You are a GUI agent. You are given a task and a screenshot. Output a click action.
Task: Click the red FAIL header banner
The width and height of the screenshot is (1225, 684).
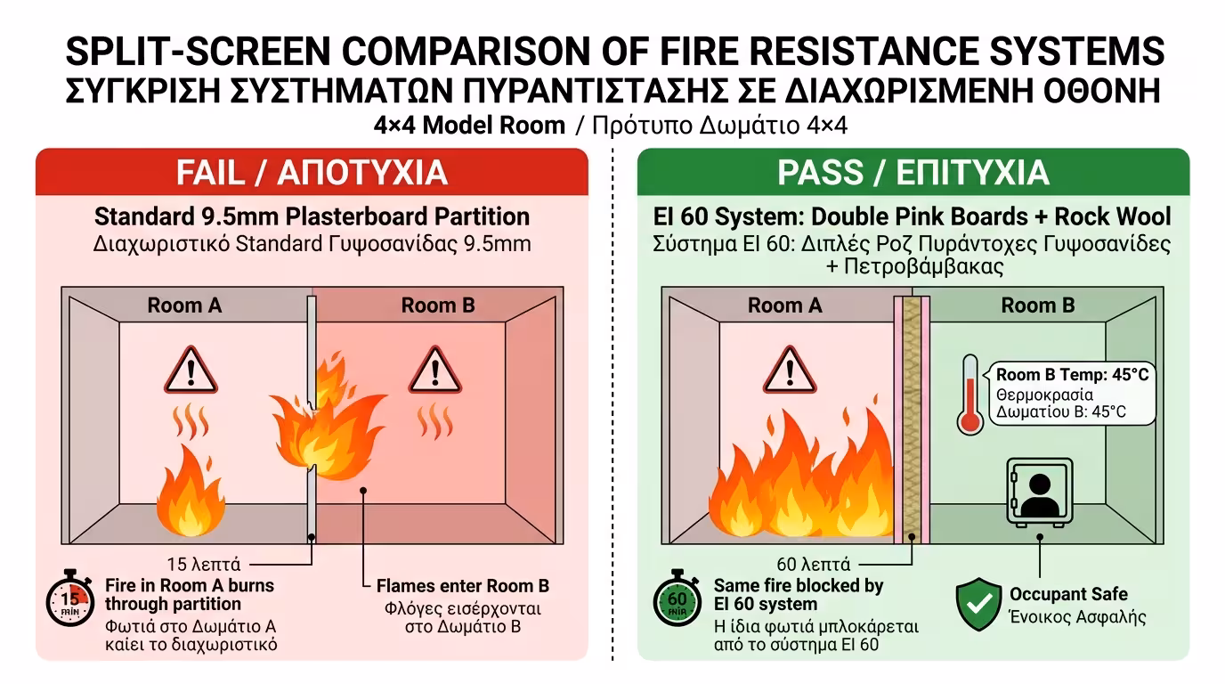click(x=312, y=172)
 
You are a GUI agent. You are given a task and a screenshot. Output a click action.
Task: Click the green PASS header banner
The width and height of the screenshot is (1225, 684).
click(x=913, y=172)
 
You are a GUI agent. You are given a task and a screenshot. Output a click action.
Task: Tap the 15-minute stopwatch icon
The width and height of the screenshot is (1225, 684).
click(x=70, y=598)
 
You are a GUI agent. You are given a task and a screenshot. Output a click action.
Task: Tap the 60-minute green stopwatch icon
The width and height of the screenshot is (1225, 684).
click(x=677, y=598)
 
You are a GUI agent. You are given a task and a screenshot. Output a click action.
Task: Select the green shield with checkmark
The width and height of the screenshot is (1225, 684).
click(x=978, y=604)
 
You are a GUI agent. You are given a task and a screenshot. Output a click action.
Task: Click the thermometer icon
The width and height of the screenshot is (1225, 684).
click(x=970, y=395)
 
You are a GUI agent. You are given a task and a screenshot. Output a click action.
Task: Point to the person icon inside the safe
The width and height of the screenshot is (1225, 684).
click(x=1040, y=493)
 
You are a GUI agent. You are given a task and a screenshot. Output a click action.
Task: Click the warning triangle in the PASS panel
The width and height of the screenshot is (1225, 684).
click(x=790, y=370)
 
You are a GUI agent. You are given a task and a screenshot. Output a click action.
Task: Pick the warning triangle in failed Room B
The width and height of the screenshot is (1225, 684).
click(x=435, y=370)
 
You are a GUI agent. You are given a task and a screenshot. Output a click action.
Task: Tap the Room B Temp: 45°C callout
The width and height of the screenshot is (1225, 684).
click(x=1072, y=393)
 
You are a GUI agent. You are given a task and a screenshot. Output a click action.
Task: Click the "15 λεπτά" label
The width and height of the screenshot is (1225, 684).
click(x=204, y=564)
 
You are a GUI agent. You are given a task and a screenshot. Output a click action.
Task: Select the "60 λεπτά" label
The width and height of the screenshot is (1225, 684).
click(x=813, y=564)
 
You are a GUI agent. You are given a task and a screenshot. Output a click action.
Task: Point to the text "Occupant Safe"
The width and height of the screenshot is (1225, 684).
click(x=1068, y=594)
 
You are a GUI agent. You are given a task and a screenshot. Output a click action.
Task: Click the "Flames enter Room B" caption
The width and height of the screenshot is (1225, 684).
click(x=463, y=585)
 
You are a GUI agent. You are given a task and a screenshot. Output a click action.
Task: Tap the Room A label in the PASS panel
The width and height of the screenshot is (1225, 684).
click(x=785, y=305)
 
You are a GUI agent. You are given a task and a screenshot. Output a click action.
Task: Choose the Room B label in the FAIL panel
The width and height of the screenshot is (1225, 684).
click(x=438, y=305)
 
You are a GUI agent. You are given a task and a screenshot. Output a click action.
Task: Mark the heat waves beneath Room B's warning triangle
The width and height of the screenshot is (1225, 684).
click(x=435, y=421)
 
